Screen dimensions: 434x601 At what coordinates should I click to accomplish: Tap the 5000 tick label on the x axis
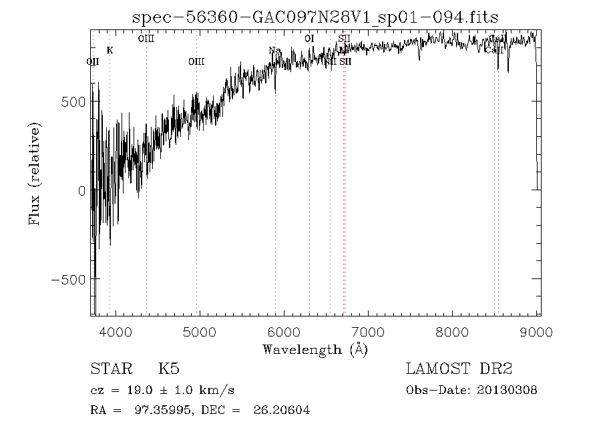pyautogui.click(x=200, y=333)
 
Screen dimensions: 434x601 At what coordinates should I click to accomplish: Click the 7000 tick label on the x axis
pyautogui.click(x=369, y=333)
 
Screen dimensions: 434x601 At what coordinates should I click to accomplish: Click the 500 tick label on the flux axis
pyautogui.click(x=73, y=101)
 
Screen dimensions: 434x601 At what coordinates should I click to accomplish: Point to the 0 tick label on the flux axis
pyautogui.click(x=81, y=190)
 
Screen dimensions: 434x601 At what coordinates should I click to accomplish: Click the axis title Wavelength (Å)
pyautogui.click(x=315, y=349)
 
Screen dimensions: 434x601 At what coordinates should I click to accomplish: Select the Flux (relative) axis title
pyautogui.click(x=34, y=174)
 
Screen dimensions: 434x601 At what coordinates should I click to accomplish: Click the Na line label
pyautogui.click(x=274, y=51)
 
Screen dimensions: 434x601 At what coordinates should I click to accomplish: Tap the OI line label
pyautogui.click(x=309, y=39)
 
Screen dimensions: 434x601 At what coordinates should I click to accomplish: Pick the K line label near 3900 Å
pyautogui.click(x=110, y=51)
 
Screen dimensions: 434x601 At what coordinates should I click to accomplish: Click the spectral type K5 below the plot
pyautogui.click(x=168, y=369)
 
